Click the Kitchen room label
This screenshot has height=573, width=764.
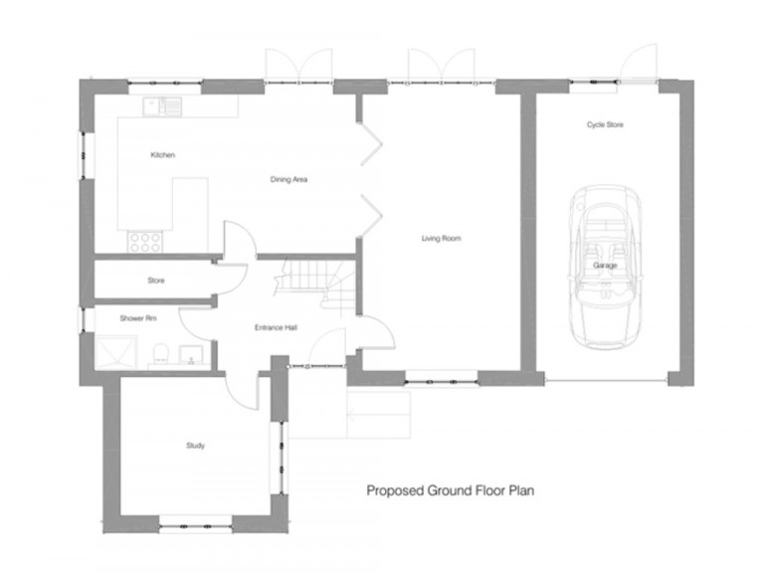(163, 155)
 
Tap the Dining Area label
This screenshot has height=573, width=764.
(288, 180)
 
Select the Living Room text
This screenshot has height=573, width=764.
(441, 238)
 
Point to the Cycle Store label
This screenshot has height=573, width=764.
(605, 124)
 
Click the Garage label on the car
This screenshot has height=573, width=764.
(605, 267)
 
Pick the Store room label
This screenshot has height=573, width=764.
(156, 281)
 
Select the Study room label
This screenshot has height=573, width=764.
(195, 446)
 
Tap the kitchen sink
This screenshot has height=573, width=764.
(160, 104)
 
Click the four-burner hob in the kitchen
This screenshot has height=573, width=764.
(145, 240)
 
